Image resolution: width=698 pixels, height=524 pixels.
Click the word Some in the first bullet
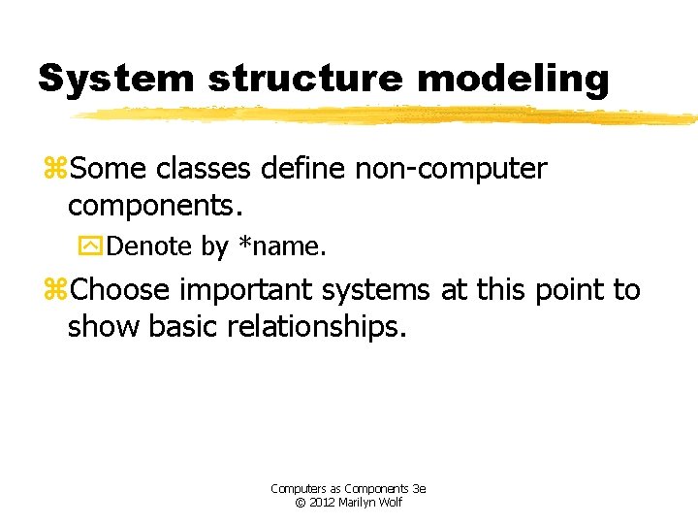pos(107,169)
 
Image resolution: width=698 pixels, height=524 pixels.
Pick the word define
pos(305,169)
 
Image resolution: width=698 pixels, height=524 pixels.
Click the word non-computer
pos(452,169)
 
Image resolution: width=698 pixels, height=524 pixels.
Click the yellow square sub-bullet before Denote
pos(89,247)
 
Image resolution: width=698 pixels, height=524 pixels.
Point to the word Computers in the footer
pos(297,489)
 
